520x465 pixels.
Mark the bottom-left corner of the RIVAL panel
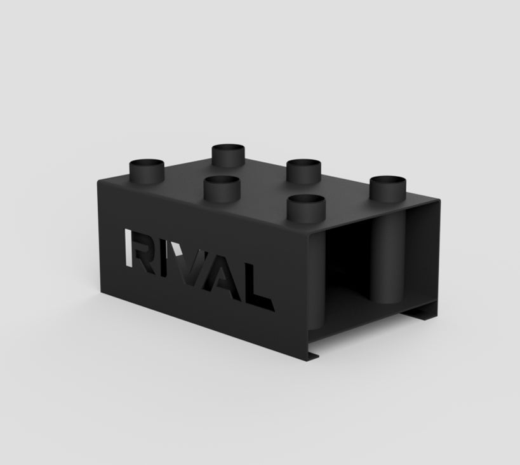pos(102,288)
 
